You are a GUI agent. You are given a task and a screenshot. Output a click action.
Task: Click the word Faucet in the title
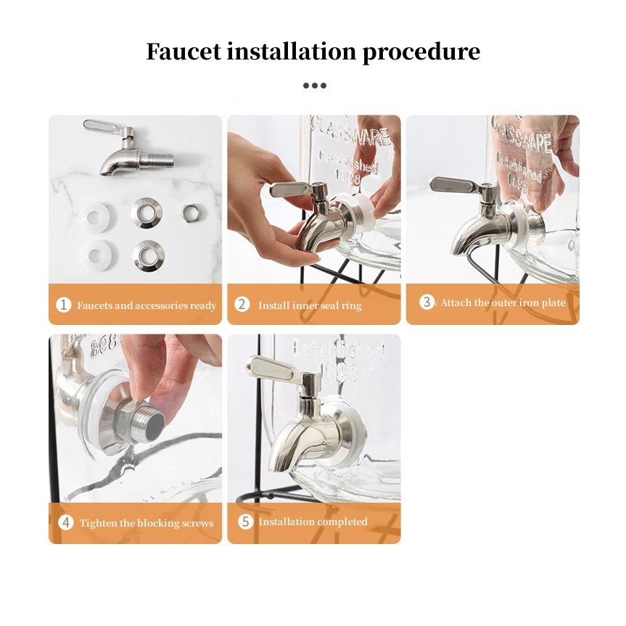pos(184,51)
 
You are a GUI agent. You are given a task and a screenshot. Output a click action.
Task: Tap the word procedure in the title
pos(421,53)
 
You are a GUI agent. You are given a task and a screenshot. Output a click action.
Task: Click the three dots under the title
pos(315,86)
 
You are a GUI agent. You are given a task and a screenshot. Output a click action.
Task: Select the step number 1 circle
pos(63,305)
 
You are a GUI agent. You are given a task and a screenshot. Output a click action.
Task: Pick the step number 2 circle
pos(242,305)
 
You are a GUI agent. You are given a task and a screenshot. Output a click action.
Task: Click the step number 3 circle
pos(427,302)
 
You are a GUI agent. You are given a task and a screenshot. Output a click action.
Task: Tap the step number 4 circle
pos(66,522)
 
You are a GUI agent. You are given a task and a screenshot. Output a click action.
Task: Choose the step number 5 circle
pos(245,522)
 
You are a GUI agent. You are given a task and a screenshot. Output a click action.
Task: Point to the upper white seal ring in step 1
pos(99,217)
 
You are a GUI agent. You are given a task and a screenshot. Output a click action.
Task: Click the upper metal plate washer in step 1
pos(146,213)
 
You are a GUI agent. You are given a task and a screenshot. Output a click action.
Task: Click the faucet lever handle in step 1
pos(102,126)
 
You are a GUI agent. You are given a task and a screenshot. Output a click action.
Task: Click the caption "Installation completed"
pos(313,522)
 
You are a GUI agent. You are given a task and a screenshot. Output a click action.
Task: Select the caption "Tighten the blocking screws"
pos(147,522)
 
